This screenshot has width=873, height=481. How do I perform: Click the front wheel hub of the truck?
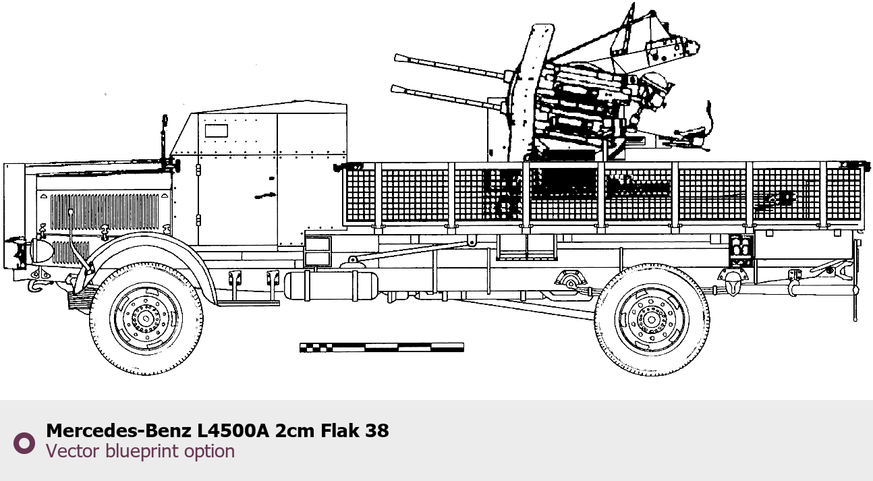tap(146, 319)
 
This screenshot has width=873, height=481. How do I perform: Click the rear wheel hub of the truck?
tap(651, 320)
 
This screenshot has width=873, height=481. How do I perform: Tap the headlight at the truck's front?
tap(40, 252)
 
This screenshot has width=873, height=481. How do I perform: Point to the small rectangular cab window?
tap(217, 131)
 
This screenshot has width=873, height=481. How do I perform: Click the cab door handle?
tap(265, 195)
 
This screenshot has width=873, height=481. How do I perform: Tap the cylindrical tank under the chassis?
tap(331, 286)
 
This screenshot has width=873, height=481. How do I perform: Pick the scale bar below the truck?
tap(382, 347)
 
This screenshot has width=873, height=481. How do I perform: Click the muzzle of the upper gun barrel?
tap(397, 59)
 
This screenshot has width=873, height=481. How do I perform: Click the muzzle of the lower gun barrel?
tap(393, 89)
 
